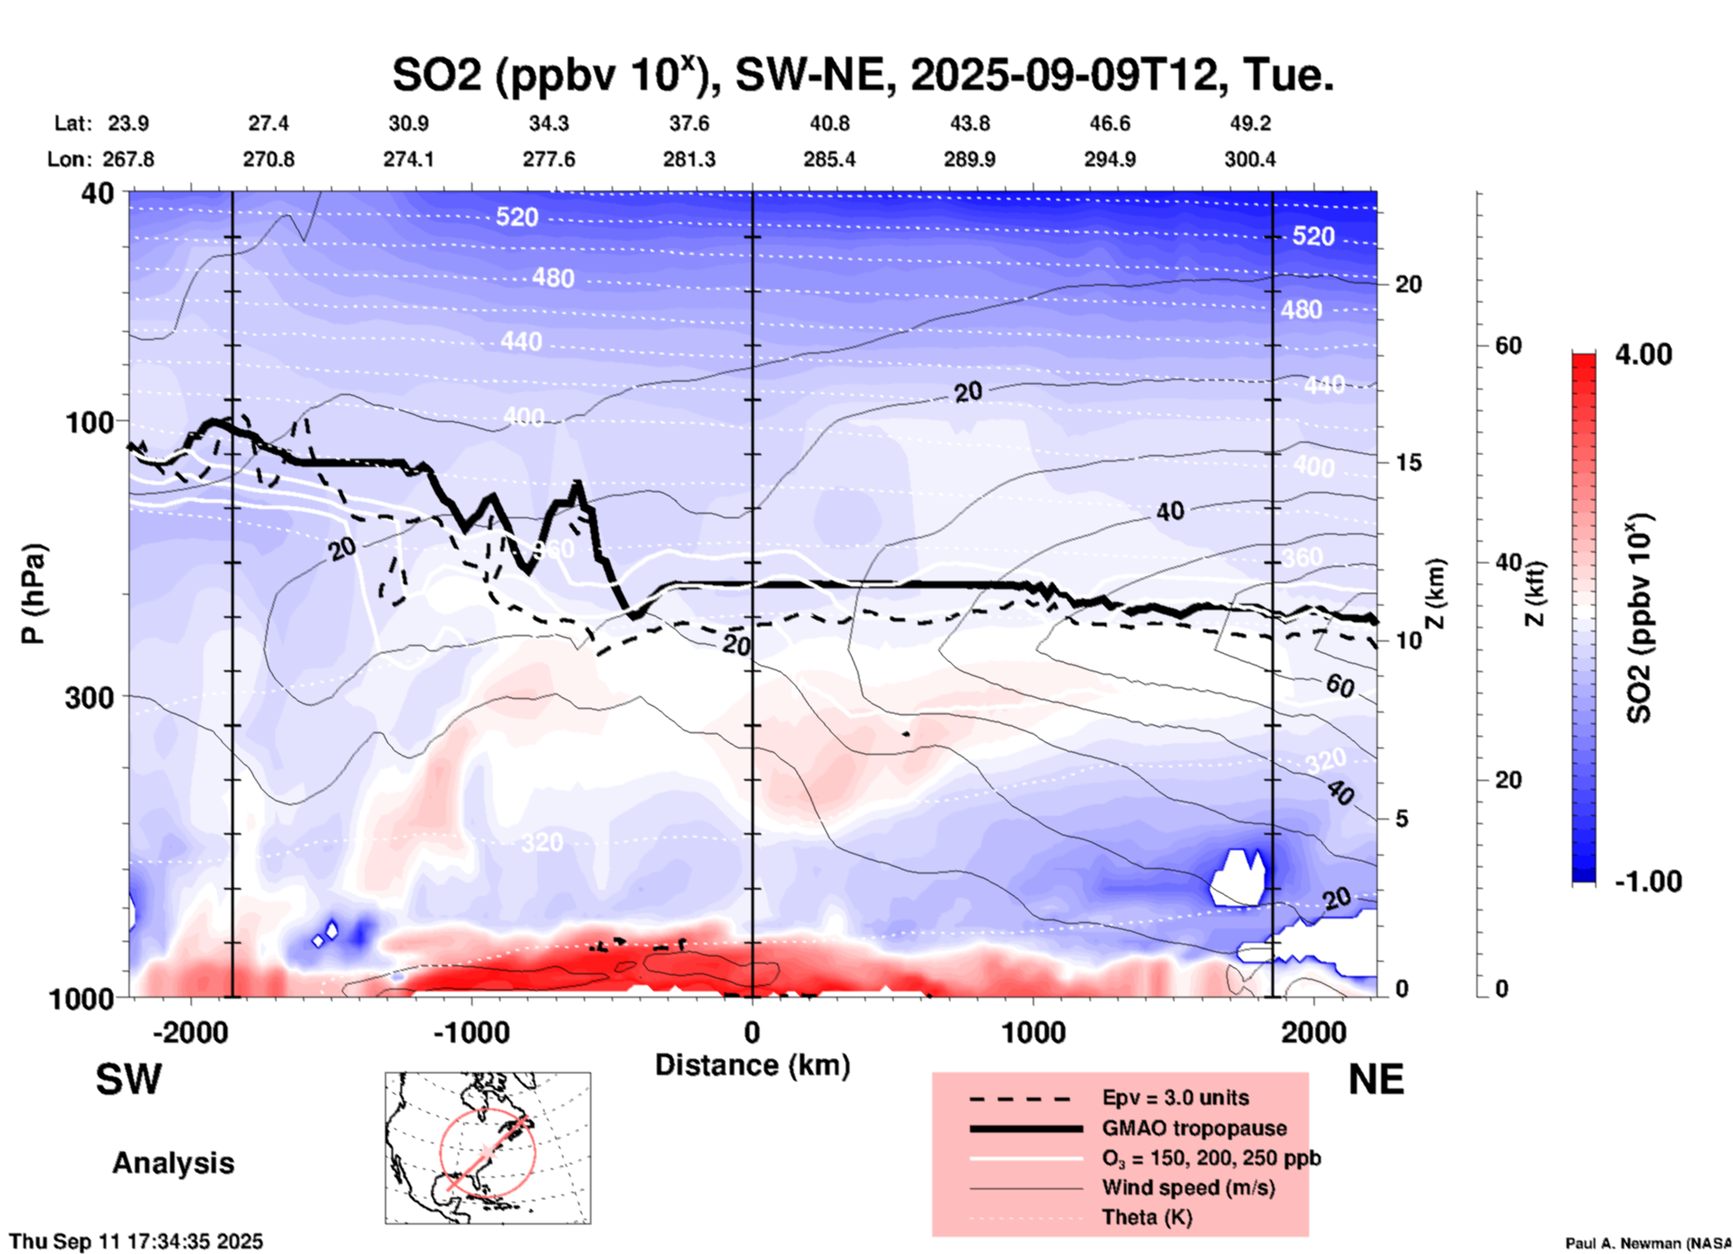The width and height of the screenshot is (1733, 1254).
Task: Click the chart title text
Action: pos(862,76)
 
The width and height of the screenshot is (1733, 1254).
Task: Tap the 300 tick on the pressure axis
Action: pos(94,697)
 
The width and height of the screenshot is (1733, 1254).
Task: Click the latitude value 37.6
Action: pos(688,123)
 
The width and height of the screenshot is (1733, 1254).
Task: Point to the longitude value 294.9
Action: pos(1109,159)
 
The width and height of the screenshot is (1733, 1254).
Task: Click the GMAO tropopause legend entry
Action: pos(1194,1128)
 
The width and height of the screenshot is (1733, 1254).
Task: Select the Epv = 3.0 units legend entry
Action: pos(1174,1097)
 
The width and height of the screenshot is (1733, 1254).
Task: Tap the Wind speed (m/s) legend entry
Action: pos(1188,1187)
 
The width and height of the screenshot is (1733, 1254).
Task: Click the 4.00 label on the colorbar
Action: pos(1643,354)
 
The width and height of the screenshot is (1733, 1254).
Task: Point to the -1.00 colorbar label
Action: pos(1647,881)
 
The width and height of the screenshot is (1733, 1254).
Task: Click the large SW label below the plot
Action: pos(129,1079)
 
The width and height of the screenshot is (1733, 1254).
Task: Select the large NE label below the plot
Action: pos(1376,1079)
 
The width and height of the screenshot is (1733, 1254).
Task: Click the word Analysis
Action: pos(173,1163)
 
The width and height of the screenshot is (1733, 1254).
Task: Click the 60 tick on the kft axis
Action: pos(1508,345)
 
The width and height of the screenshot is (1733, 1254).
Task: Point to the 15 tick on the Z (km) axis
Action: pos(1407,462)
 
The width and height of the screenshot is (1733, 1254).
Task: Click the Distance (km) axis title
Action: pos(752,1065)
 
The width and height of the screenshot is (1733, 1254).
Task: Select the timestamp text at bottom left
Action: pos(136,1241)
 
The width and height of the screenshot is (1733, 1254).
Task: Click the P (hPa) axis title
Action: pos(33,594)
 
